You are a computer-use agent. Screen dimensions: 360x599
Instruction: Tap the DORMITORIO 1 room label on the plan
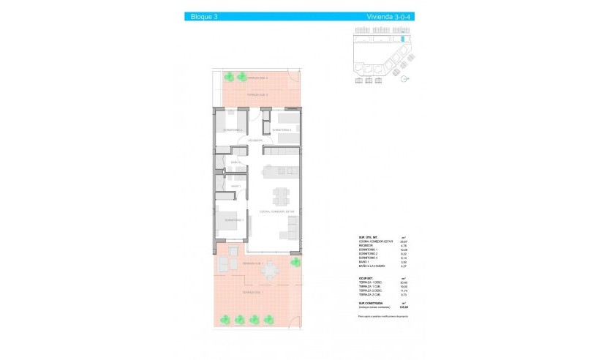point(233,220)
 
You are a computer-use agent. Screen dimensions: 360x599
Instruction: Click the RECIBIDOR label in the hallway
point(255,140)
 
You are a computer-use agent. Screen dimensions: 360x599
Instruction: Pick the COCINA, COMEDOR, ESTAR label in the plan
point(276,212)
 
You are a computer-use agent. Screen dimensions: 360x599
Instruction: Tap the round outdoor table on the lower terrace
point(271,271)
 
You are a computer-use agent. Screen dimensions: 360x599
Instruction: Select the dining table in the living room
point(281,196)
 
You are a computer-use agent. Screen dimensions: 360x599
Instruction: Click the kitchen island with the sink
point(280,172)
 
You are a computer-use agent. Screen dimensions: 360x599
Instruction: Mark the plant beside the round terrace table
point(295,262)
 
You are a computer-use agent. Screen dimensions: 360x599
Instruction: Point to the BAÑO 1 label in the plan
point(236,187)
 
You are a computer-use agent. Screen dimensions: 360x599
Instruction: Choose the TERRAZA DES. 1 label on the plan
point(252,293)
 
